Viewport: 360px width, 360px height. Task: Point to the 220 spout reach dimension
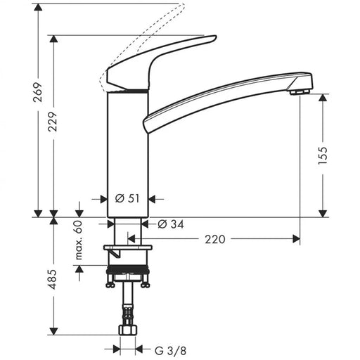point(215,240)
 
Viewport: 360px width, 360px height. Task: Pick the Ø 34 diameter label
point(172,224)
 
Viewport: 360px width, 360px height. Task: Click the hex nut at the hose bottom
point(129,331)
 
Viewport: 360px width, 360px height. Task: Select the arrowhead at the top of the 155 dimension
point(323,98)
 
